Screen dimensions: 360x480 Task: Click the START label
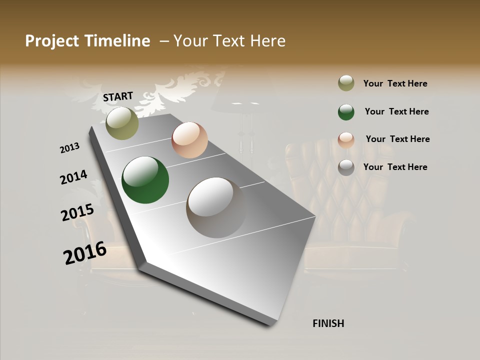(118, 96)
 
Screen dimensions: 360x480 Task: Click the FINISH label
(328, 323)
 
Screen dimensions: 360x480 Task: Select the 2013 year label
(70, 148)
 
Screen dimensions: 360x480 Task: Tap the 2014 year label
(73, 177)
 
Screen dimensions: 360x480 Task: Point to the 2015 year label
(77, 212)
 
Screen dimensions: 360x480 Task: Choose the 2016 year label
(85, 253)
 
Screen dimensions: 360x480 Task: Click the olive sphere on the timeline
(122, 123)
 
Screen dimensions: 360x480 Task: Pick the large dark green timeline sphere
(145, 180)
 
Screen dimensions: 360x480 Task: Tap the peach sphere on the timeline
(189, 140)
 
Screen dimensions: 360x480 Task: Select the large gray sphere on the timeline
(216, 207)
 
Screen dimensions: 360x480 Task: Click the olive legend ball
(346, 83)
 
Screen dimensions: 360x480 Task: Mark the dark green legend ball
(346, 112)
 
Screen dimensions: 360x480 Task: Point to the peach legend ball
(346, 140)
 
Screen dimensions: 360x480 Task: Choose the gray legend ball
(346, 167)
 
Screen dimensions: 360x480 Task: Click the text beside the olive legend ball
(395, 83)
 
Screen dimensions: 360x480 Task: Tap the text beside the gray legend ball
(395, 167)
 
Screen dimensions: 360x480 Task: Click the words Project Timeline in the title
(87, 41)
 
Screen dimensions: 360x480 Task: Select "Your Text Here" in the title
(229, 41)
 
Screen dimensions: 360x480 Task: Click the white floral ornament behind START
(175, 90)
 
